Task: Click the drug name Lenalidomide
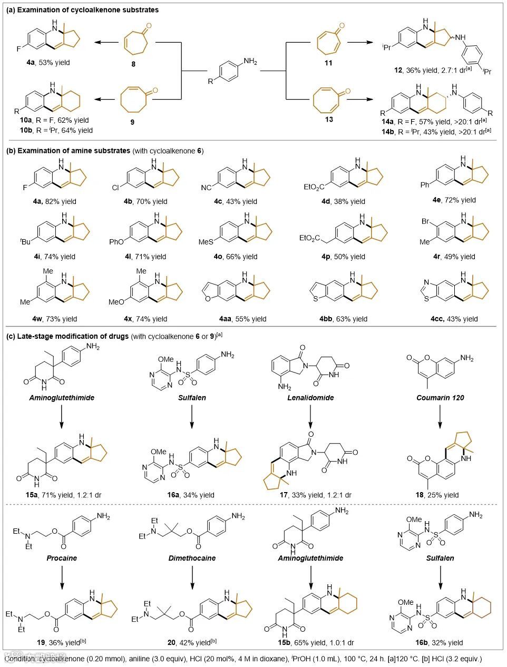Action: click(x=311, y=398)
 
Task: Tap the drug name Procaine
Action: click(x=62, y=558)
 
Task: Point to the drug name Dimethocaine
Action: click(x=192, y=558)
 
